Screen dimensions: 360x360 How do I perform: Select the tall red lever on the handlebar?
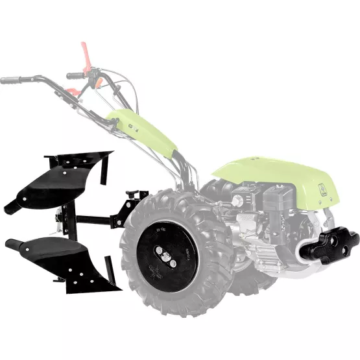[x=86, y=54]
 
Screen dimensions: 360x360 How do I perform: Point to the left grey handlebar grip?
[x=11, y=81]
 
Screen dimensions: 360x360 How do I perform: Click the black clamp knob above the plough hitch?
[x=135, y=194]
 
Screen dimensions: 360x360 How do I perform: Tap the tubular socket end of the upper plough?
[x=12, y=207]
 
